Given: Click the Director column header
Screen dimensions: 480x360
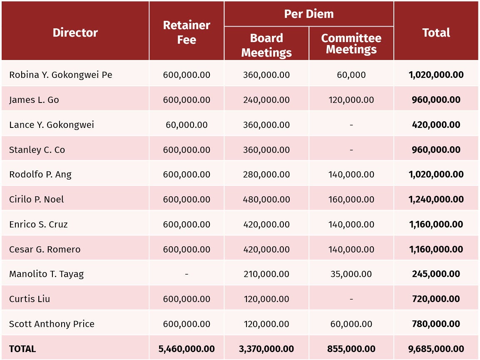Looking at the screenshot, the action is [x=75, y=32].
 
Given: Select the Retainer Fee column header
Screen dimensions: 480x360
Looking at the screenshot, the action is [x=187, y=32].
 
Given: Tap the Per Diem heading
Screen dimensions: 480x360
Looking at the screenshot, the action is [x=308, y=14].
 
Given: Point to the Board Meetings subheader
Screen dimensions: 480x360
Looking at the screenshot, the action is [x=266, y=45].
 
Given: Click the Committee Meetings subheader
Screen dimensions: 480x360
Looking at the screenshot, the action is [x=351, y=43].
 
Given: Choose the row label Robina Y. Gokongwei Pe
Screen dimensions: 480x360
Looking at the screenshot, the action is [x=61, y=75].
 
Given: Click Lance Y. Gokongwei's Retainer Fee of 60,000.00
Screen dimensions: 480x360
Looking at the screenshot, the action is [x=187, y=125].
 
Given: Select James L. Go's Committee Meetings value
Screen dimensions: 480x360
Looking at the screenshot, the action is [x=351, y=100].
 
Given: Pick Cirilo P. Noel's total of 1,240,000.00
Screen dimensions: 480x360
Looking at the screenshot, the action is [x=436, y=200].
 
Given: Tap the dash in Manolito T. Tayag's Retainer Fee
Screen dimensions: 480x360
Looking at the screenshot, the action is [x=187, y=274].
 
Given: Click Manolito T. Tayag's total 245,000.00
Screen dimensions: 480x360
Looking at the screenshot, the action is [x=436, y=274].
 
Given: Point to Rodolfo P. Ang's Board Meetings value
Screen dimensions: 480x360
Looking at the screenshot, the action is [x=266, y=174].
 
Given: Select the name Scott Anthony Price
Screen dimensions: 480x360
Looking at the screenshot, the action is [x=52, y=324].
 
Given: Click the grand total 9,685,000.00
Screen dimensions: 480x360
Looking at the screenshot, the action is [x=436, y=349].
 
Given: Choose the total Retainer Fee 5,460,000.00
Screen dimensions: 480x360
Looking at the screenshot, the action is [x=187, y=349].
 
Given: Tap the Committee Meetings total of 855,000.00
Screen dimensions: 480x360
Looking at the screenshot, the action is [x=351, y=349].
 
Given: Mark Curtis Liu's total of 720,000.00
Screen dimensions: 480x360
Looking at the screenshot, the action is [x=436, y=299].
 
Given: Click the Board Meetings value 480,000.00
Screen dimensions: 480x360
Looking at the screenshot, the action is [x=266, y=200].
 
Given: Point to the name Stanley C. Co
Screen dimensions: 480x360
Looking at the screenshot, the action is [x=37, y=150].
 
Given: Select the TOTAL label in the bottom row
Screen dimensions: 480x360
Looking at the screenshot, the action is [x=22, y=349].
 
